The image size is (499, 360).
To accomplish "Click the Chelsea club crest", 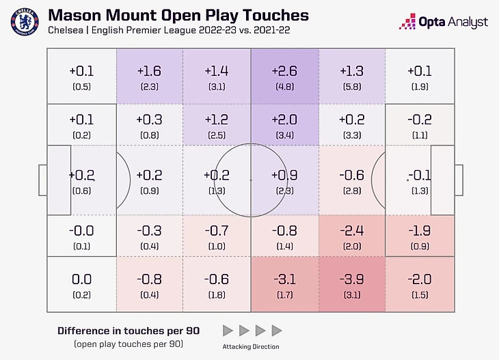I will [x=25, y=22].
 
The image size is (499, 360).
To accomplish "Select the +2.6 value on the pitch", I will [x=284, y=70].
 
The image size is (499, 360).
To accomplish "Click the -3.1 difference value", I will [x=284, y=279].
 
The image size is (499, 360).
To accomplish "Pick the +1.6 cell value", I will [x=150, y=70].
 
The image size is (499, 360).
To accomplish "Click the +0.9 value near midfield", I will [x=284, y=175].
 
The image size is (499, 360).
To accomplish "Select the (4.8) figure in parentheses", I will [x=284, y=87].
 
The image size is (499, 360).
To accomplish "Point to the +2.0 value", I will [x=284, y=120].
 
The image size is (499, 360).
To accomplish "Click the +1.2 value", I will [x=217, y=120].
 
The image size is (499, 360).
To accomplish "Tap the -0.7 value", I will [x=217, y=230].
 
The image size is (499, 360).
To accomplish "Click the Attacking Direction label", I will [x=251, y=346].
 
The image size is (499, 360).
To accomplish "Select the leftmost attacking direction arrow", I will [x=228, y=331].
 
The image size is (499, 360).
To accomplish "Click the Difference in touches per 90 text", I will [x=128, y=331].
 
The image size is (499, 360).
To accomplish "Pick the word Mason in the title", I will [x=76, y=15].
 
